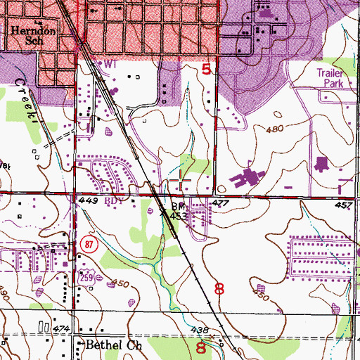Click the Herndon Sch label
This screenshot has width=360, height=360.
[27, 36]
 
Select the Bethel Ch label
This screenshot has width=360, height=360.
[108, 345]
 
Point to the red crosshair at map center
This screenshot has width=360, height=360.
[180, 180]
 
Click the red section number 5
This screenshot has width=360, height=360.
[205, 69]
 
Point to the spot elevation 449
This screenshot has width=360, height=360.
[86, 200]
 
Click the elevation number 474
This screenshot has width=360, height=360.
[60, 328]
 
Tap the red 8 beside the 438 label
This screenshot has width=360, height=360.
[202, 347]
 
